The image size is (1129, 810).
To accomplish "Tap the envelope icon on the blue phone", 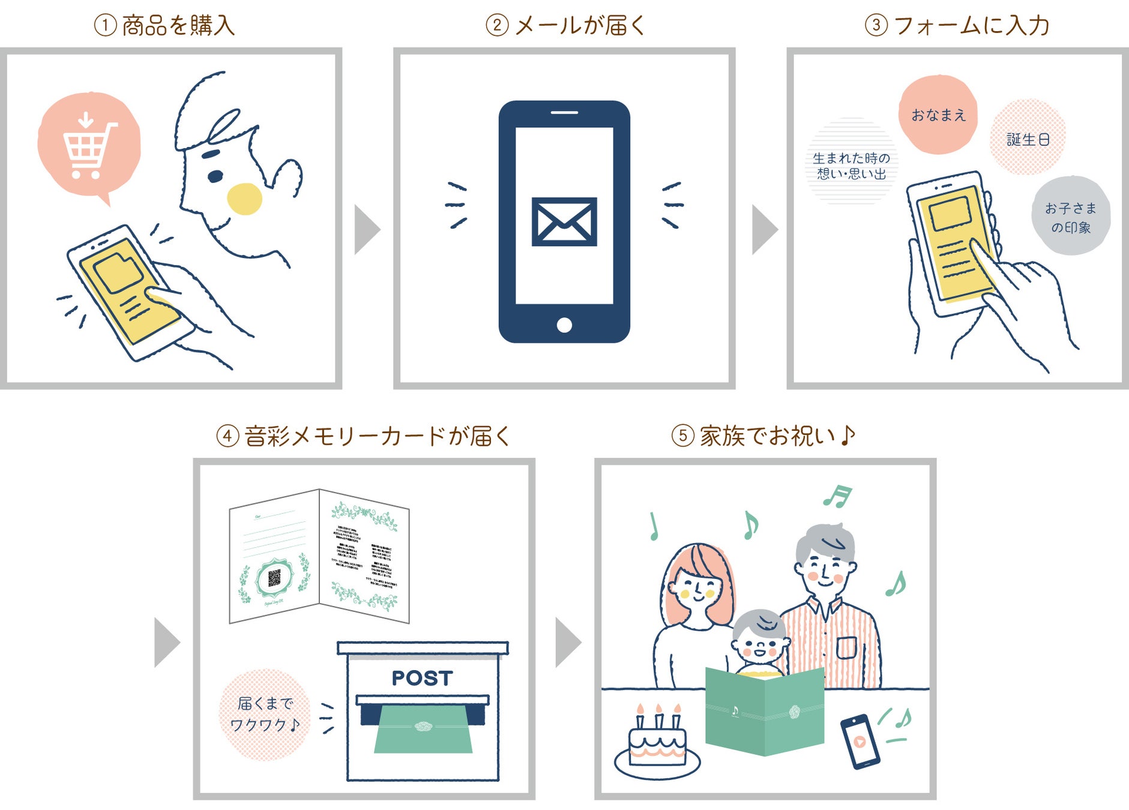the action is pos(564,221).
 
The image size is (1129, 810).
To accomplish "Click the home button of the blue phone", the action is pos(564,325).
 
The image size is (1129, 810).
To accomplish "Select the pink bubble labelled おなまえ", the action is pos(938,115).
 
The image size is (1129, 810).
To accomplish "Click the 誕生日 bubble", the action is pos(1028,139).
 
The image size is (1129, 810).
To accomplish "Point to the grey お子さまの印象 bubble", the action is pos(1071,217).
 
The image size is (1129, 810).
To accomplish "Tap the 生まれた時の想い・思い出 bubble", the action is pos(851,165).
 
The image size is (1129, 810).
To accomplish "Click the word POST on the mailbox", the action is pos(422,678).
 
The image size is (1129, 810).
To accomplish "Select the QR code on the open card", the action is pos(274,578).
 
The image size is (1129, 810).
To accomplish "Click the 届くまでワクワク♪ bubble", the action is pos(265,714).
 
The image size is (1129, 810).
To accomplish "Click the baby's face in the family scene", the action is pos(759,645).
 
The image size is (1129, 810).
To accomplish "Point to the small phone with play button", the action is pos(860,742).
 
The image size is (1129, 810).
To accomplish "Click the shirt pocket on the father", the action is pos(847,648).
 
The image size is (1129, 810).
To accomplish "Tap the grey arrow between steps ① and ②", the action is pos(367,230).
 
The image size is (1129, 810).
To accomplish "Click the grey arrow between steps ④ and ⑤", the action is pos(567,643).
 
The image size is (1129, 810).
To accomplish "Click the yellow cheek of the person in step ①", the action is pos(244,199).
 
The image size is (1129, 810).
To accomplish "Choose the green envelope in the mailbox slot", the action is pos(423,728).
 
